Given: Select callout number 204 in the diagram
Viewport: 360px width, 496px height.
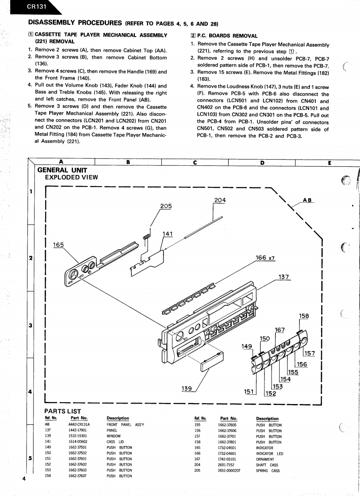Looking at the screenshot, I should pyautogui.click(x=220, y=200).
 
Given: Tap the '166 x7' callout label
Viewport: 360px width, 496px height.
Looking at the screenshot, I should pyautogui.click(x=265, y=258).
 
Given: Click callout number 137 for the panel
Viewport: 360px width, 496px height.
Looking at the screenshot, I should pyautogui.click(x=283, y=277).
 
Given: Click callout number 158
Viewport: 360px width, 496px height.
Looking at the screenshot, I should pyautogui.click(x=304, y=316).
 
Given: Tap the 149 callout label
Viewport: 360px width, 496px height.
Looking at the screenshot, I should pyautogui.click(x=247, y=346).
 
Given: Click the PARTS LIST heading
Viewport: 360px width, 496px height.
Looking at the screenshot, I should pyautogui.click(x=62, y=411).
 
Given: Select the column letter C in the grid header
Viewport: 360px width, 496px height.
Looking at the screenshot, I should pyautogui.click(x=195, y=162).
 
